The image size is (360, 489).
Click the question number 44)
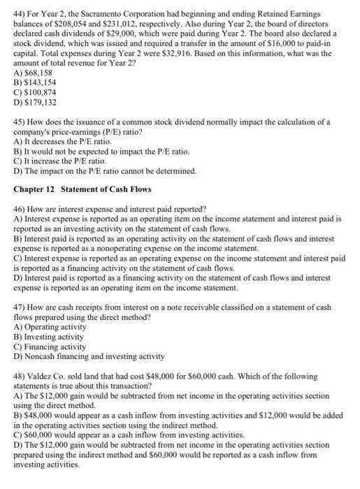(20, 14)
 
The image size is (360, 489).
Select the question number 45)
(20, 122)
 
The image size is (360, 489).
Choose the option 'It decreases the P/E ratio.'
(54, 142)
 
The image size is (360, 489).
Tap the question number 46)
(20, 209)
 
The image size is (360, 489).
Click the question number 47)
(20, 307)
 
